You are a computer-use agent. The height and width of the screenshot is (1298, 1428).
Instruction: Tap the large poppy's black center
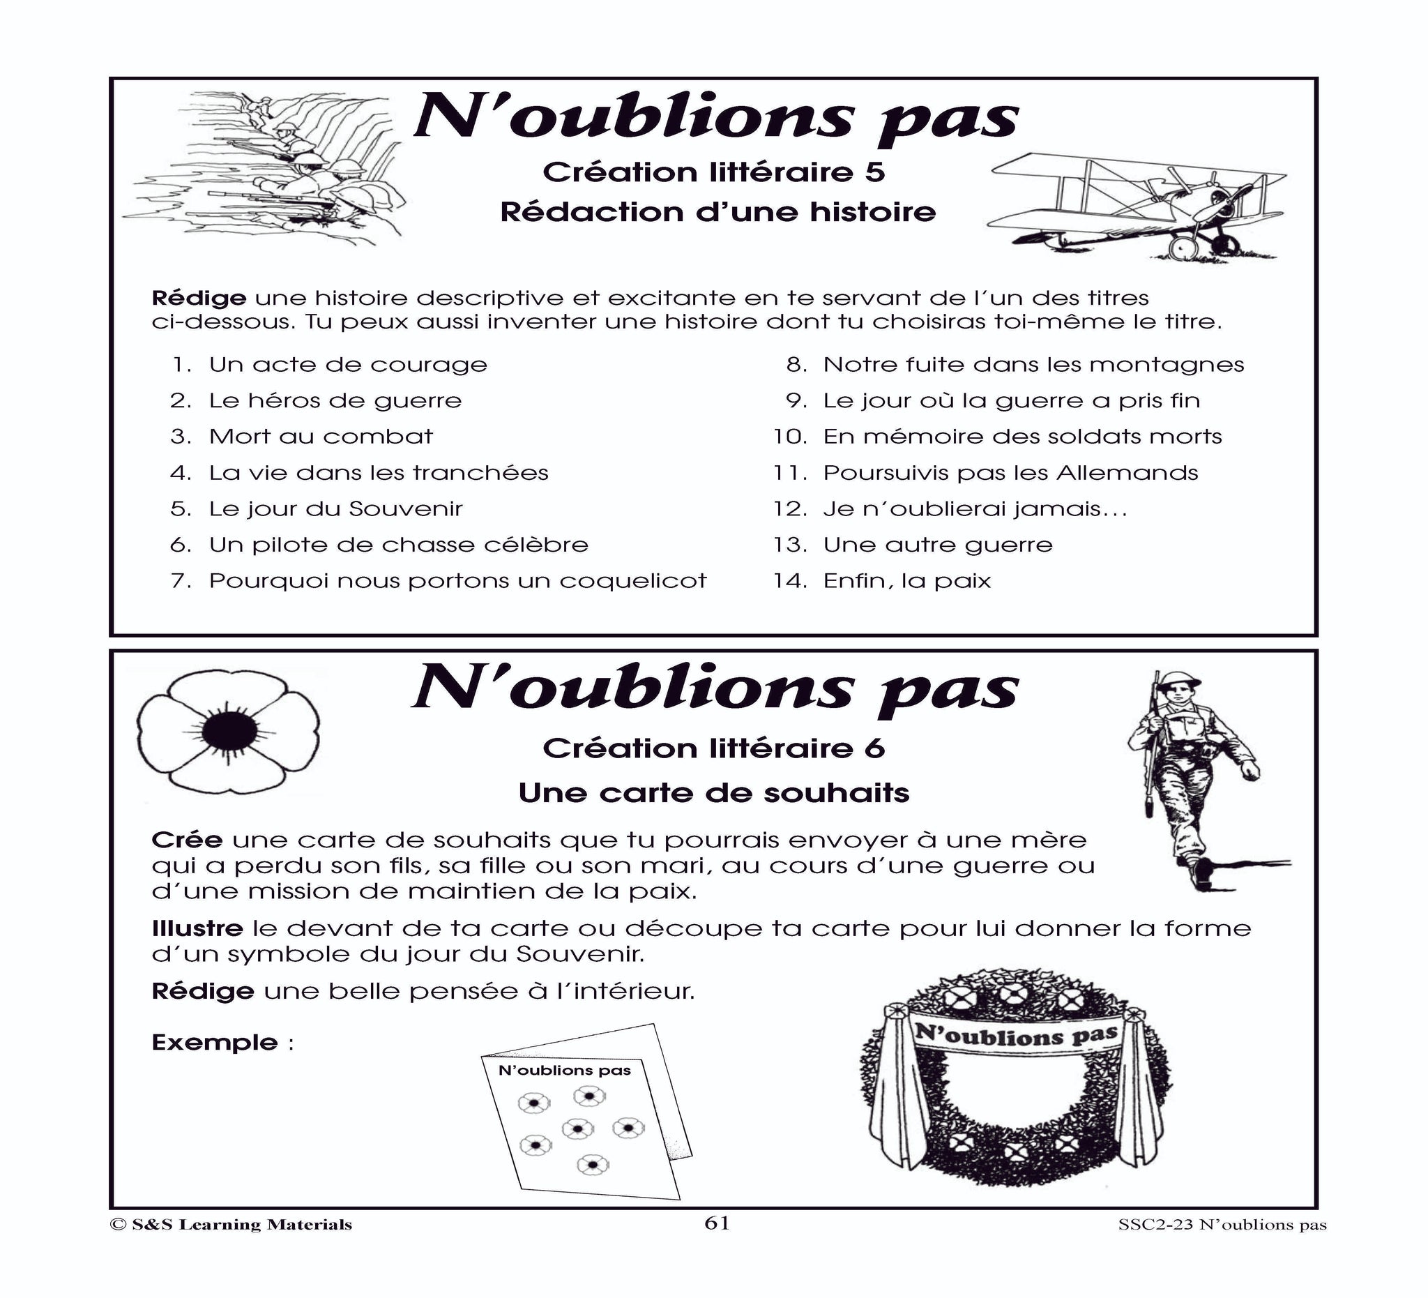[x=228, y=734]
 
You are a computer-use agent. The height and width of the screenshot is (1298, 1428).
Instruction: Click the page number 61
[x=716, y=1243]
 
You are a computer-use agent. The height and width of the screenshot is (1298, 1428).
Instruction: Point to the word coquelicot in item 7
[x=632, y=581]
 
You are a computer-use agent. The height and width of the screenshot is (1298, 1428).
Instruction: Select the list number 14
[x=790, y=581]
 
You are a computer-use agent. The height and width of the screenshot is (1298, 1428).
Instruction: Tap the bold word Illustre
[x=197, y=928]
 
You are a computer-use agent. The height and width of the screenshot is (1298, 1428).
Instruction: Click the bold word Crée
[x=187, y=840]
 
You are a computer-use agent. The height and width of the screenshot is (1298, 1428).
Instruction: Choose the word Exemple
[x=215, y=1042]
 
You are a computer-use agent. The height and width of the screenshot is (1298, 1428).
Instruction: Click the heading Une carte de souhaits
[x=713, y=793]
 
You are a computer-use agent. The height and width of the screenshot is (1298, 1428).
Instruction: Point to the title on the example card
[x=565, y=1070]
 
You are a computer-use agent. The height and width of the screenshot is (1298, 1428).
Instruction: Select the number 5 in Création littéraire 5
[x=876, y=172]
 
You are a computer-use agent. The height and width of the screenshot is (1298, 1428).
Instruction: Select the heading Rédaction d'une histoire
[x=717, y=212]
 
